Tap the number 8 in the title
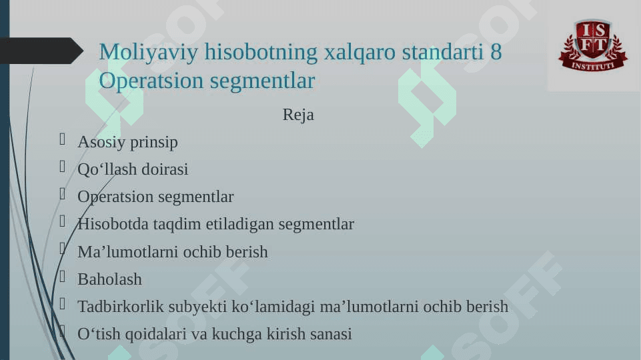click(x=496, y=52)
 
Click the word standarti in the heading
click(x=443, y=52)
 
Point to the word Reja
click(x=298, y=115)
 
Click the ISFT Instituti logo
click(x=593, y=45)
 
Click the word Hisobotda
click(x=113, y=224)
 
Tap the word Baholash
click(x=109, y=279)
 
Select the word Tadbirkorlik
click(x=121, y=307)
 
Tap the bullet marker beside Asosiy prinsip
click(x=62, y=139)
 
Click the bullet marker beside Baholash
click(x=62, y=277)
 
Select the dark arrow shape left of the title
click(x=41, y=51)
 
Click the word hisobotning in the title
click(x=261, y=52)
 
